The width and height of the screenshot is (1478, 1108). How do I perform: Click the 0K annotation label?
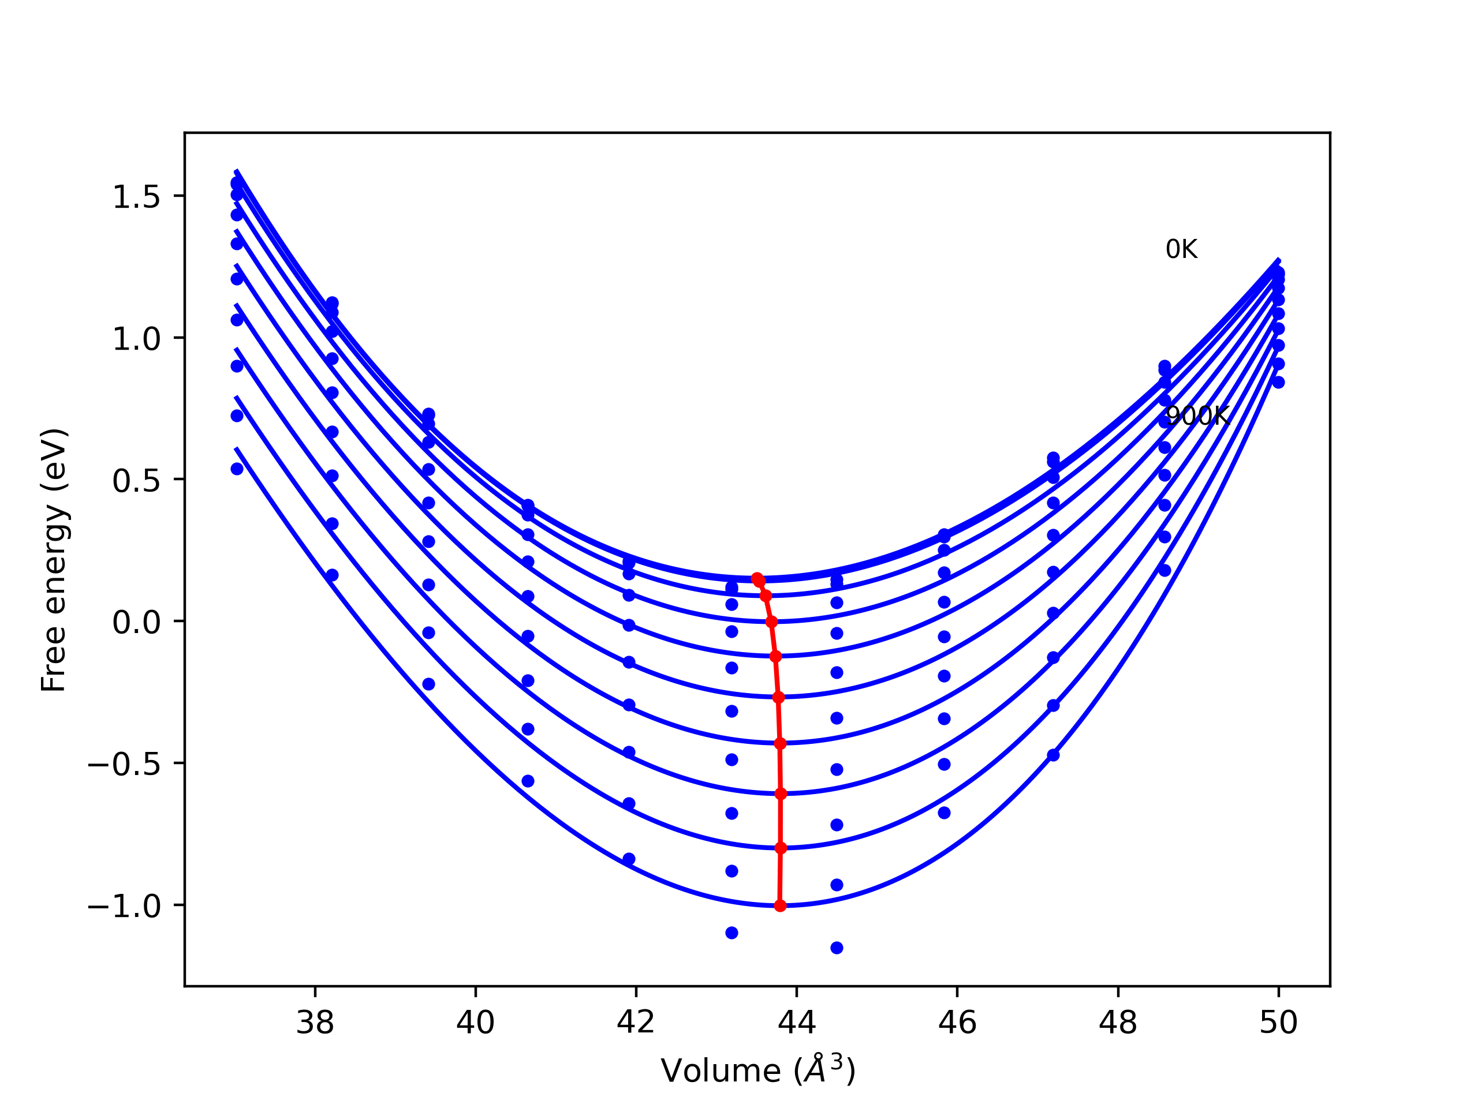pos(1181,250)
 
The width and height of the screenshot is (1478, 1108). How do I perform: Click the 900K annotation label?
pos(1197,416)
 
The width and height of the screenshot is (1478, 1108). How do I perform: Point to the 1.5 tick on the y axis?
pos(136,197)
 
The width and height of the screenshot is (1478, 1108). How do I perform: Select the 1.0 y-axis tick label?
pos(136,339)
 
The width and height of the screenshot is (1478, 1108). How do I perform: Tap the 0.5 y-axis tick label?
pos(136,481)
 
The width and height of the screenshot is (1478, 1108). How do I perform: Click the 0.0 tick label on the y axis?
pos(136,623)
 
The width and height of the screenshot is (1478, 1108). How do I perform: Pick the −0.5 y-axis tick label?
pos(124,765)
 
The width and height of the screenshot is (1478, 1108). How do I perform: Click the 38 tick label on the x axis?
pos(315,1023)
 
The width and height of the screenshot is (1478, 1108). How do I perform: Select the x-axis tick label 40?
pos(475,1023)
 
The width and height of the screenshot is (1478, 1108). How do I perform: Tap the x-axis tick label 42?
pos(636,1023)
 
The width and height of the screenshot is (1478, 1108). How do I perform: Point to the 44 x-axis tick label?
pos(797,1023)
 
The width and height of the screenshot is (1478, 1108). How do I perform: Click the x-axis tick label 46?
pos(957,1023)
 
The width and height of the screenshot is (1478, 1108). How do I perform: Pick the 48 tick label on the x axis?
pos(1118,1023)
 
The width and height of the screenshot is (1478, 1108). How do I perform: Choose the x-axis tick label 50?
pos(1278,1023)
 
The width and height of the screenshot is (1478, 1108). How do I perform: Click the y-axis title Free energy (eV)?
pos(54,560)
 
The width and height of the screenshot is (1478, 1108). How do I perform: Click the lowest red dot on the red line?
pos(780,905)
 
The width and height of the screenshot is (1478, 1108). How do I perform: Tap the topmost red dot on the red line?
pos(756,578)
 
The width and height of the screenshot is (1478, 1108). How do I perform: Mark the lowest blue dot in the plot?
pos(837,948)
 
